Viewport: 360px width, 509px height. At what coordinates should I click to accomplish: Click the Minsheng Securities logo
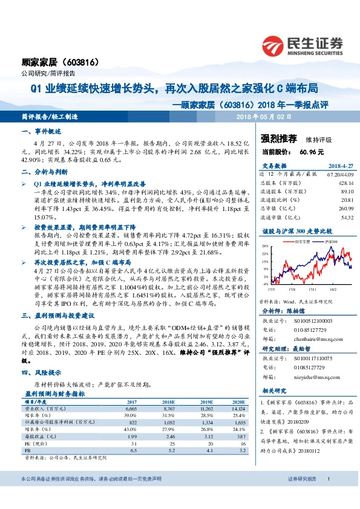(x=303, y=45)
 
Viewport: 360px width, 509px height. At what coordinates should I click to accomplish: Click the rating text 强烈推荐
(x=278, y=139)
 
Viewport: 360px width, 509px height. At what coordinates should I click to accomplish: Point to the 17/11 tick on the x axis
(x=301, y=288)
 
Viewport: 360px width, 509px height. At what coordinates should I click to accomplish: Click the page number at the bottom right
(x=327, y=495)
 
